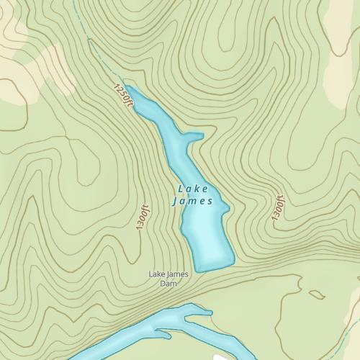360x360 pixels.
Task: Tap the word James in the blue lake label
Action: pos(192,202)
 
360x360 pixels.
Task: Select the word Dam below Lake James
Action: pos(168,283)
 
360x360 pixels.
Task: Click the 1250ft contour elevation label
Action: pos(123,97)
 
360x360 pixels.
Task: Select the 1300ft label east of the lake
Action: pos(278,207)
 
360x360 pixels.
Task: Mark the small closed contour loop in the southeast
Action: pos(317,294)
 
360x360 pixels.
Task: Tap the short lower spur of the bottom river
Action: pos(164,333)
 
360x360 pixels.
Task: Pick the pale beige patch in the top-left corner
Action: pos(29,65)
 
